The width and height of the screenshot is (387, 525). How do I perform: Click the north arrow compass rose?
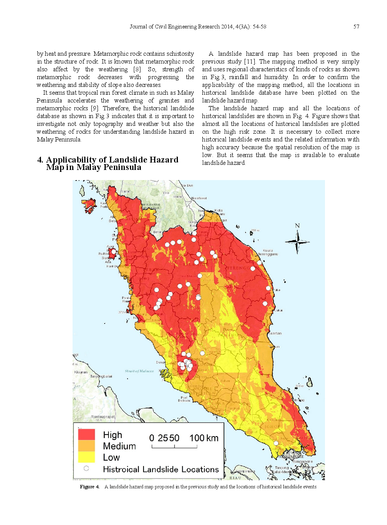pyautogui.click(x=297, y=242)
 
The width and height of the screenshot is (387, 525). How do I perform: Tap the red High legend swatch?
pyautogui.click(x=86, y=434)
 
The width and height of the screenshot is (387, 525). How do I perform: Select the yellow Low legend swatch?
pyautogui.click(x=86, y=457)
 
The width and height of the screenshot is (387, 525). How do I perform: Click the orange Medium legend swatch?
pyautogui.click(x=86, y=445)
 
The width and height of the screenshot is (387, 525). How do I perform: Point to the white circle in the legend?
pyautogui.click(x=86, y=468)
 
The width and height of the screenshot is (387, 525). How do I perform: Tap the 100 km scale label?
pyautogui.click(x=204, y=438)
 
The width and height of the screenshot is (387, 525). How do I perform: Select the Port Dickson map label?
pyautogui.click(x=184, y=399)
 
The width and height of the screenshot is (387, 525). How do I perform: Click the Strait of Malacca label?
pyautogui.click(x=139, y=371)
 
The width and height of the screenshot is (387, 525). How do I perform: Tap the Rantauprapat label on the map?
pyautogui.click(x=103, y=417)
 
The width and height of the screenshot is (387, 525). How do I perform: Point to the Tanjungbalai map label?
pyautogui.click(x=101, y=377)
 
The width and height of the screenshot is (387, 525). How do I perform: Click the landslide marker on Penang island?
pyautogui.click(x=113, y=252)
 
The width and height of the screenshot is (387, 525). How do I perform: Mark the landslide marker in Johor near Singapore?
pyautogui.click(x=276, y=443)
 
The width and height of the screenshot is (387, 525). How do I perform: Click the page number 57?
pyautogui.click(x=356, y=27)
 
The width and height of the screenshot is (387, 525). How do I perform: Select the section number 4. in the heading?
pyautogui.click(x=40, y=160)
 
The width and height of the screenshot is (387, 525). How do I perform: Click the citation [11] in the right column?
pyautogui.click(x=250, y=62)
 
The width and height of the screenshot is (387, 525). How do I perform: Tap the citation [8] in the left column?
pyautogui.click(x=137, y=69)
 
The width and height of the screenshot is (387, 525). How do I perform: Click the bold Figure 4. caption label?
pyautogui.click(x=90, y=486)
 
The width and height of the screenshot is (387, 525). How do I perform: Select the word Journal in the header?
pyautogui.click(x=138, y=27)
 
